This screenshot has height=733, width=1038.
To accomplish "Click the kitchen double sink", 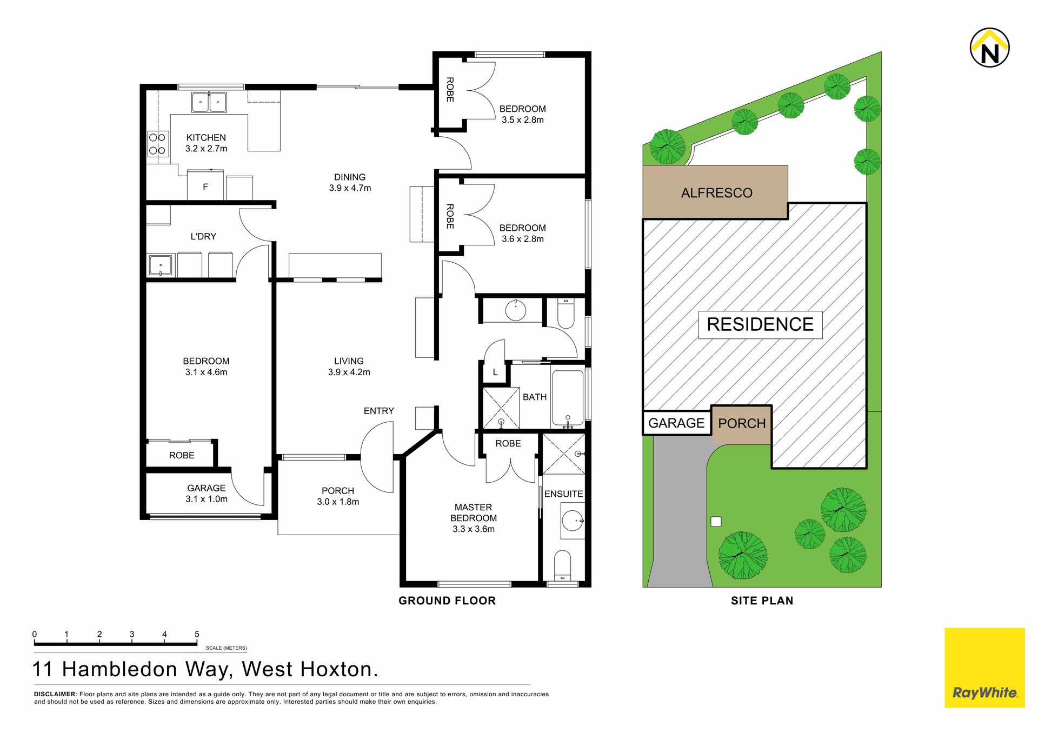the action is click(209, 102).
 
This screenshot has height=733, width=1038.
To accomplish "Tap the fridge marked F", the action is click(205, 185).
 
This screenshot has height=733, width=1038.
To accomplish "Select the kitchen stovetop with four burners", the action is click(157, 144).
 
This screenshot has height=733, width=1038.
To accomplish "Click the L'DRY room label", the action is click(203, 236).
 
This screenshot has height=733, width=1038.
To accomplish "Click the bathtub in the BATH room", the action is click(568, 398).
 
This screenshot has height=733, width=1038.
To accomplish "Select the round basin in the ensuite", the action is click(573, 521).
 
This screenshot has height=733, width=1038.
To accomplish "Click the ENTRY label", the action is click(379, 411).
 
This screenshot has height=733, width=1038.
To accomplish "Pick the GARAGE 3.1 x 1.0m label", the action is click(207, 494).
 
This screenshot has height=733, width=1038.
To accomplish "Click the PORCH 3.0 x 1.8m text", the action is click(338, 496).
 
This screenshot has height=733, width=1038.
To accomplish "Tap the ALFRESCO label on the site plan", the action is click(716, 193).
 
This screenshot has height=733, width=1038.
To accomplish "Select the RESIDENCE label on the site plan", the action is click(760, 324).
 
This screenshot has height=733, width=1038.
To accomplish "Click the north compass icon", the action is click(990, 48).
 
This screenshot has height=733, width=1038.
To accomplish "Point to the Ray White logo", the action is click(985, 668).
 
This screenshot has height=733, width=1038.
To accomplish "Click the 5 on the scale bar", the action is click(197, 634).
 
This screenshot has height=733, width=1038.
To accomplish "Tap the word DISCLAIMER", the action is click(55, 694).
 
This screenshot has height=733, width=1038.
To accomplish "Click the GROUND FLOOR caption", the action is click(447, 601).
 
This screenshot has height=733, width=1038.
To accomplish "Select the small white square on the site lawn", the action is click(716, 522).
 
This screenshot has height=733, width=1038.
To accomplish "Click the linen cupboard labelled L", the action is click(495, 372).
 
